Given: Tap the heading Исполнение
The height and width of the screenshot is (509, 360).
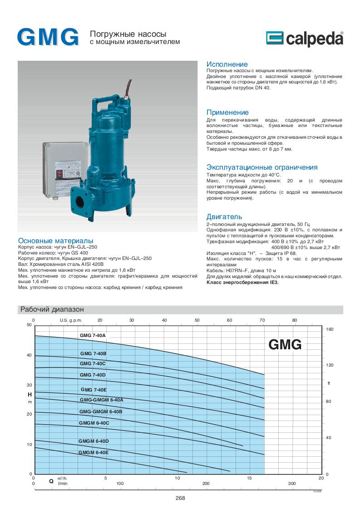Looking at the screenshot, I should click(227, 64).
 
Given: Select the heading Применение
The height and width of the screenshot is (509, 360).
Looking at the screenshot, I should click(227, 113).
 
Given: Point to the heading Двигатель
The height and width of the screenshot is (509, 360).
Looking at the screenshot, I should click(224, 217).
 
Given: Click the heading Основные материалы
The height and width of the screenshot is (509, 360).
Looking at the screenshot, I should click(55, 240).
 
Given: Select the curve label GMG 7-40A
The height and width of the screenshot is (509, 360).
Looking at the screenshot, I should click(93, 335).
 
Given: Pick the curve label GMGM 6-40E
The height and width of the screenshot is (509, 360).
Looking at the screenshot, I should click(94, 452).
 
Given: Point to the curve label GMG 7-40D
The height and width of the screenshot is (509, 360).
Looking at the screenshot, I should click(93, 375).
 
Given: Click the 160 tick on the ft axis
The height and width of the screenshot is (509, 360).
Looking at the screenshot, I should click(330, 329).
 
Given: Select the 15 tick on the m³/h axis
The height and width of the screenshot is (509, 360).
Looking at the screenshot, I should click(249, 478).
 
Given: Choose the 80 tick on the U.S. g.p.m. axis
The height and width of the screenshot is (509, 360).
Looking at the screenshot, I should click(294, 320).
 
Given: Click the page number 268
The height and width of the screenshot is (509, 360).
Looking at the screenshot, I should click(180, 498).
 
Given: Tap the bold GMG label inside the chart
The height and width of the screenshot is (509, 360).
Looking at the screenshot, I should click(285, 344).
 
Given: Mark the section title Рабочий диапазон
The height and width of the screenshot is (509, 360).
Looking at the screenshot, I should click(51, 309).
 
